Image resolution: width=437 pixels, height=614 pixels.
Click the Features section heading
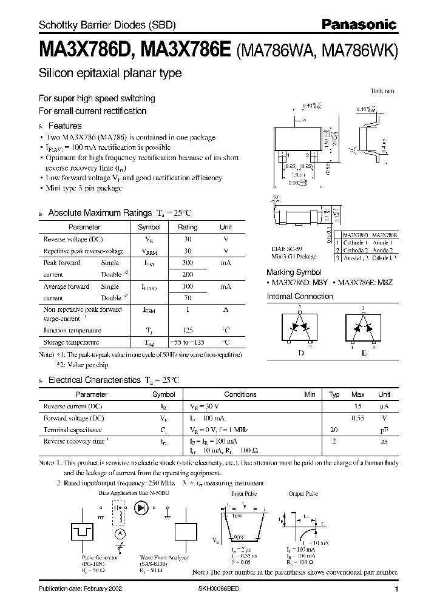64,126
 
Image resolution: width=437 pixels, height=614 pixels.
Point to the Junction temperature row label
72,331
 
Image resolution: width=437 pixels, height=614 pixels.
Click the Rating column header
187,227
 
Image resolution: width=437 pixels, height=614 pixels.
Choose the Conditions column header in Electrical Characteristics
240,394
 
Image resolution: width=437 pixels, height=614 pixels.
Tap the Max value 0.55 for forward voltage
358,419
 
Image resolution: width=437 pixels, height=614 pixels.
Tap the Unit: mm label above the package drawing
382,90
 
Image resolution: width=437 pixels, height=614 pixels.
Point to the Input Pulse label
243,494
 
